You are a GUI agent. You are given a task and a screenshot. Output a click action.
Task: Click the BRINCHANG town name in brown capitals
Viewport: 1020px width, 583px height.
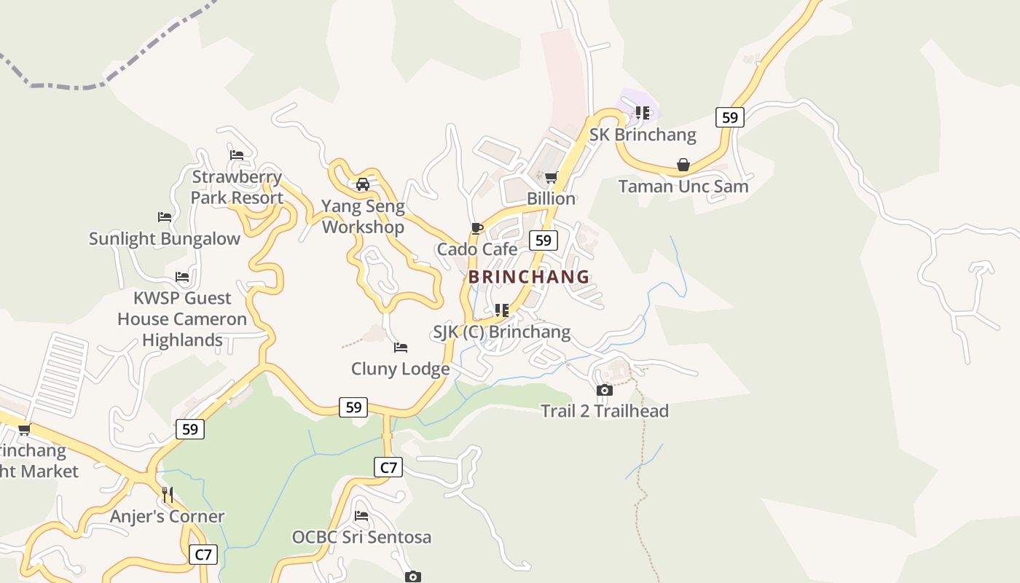(529, 277)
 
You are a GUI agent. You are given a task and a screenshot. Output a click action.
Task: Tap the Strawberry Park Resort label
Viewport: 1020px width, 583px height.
(237, 187)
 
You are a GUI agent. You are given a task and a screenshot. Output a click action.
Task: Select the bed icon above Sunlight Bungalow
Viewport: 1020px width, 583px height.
(165, 217)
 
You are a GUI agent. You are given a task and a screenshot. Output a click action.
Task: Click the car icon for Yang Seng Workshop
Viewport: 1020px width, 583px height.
(363, 184)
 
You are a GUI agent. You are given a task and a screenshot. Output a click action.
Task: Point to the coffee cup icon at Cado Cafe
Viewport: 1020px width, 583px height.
(477, 229)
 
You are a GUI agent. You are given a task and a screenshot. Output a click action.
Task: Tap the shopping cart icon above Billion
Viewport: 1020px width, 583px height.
(552, 177)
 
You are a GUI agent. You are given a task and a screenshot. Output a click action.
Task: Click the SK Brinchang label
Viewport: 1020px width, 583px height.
(643, 135)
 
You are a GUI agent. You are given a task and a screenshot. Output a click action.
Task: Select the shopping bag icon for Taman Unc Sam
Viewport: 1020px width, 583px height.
(683, 165)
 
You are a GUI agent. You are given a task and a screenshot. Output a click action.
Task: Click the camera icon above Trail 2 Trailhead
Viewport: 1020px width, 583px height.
(605, 391)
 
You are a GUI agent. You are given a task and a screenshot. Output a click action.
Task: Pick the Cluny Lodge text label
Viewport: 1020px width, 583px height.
(401, 369)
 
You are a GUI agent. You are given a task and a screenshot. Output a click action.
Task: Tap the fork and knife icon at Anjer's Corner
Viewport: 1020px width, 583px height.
(168, 495)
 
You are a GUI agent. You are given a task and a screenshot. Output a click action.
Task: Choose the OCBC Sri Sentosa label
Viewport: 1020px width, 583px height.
(361, 537)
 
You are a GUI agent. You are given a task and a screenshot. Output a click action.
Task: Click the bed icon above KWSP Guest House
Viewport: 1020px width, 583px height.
(182, 277)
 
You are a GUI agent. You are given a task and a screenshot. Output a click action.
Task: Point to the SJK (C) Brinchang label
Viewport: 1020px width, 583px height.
(502, 332)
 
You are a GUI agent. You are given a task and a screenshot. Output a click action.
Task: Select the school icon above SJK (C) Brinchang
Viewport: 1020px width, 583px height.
(502, 310)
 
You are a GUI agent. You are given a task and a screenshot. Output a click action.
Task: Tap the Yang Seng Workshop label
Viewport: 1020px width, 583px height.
(363, 216)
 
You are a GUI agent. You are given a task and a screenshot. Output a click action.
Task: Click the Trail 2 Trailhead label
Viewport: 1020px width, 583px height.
(605, 411)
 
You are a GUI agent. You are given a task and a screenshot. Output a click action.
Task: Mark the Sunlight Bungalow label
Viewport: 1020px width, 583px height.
(165, 238)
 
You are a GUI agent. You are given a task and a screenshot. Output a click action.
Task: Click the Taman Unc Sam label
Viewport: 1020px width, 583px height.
(683, 186)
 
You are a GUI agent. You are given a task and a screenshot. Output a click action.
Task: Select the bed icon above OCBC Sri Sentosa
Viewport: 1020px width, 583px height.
(361, 516)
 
